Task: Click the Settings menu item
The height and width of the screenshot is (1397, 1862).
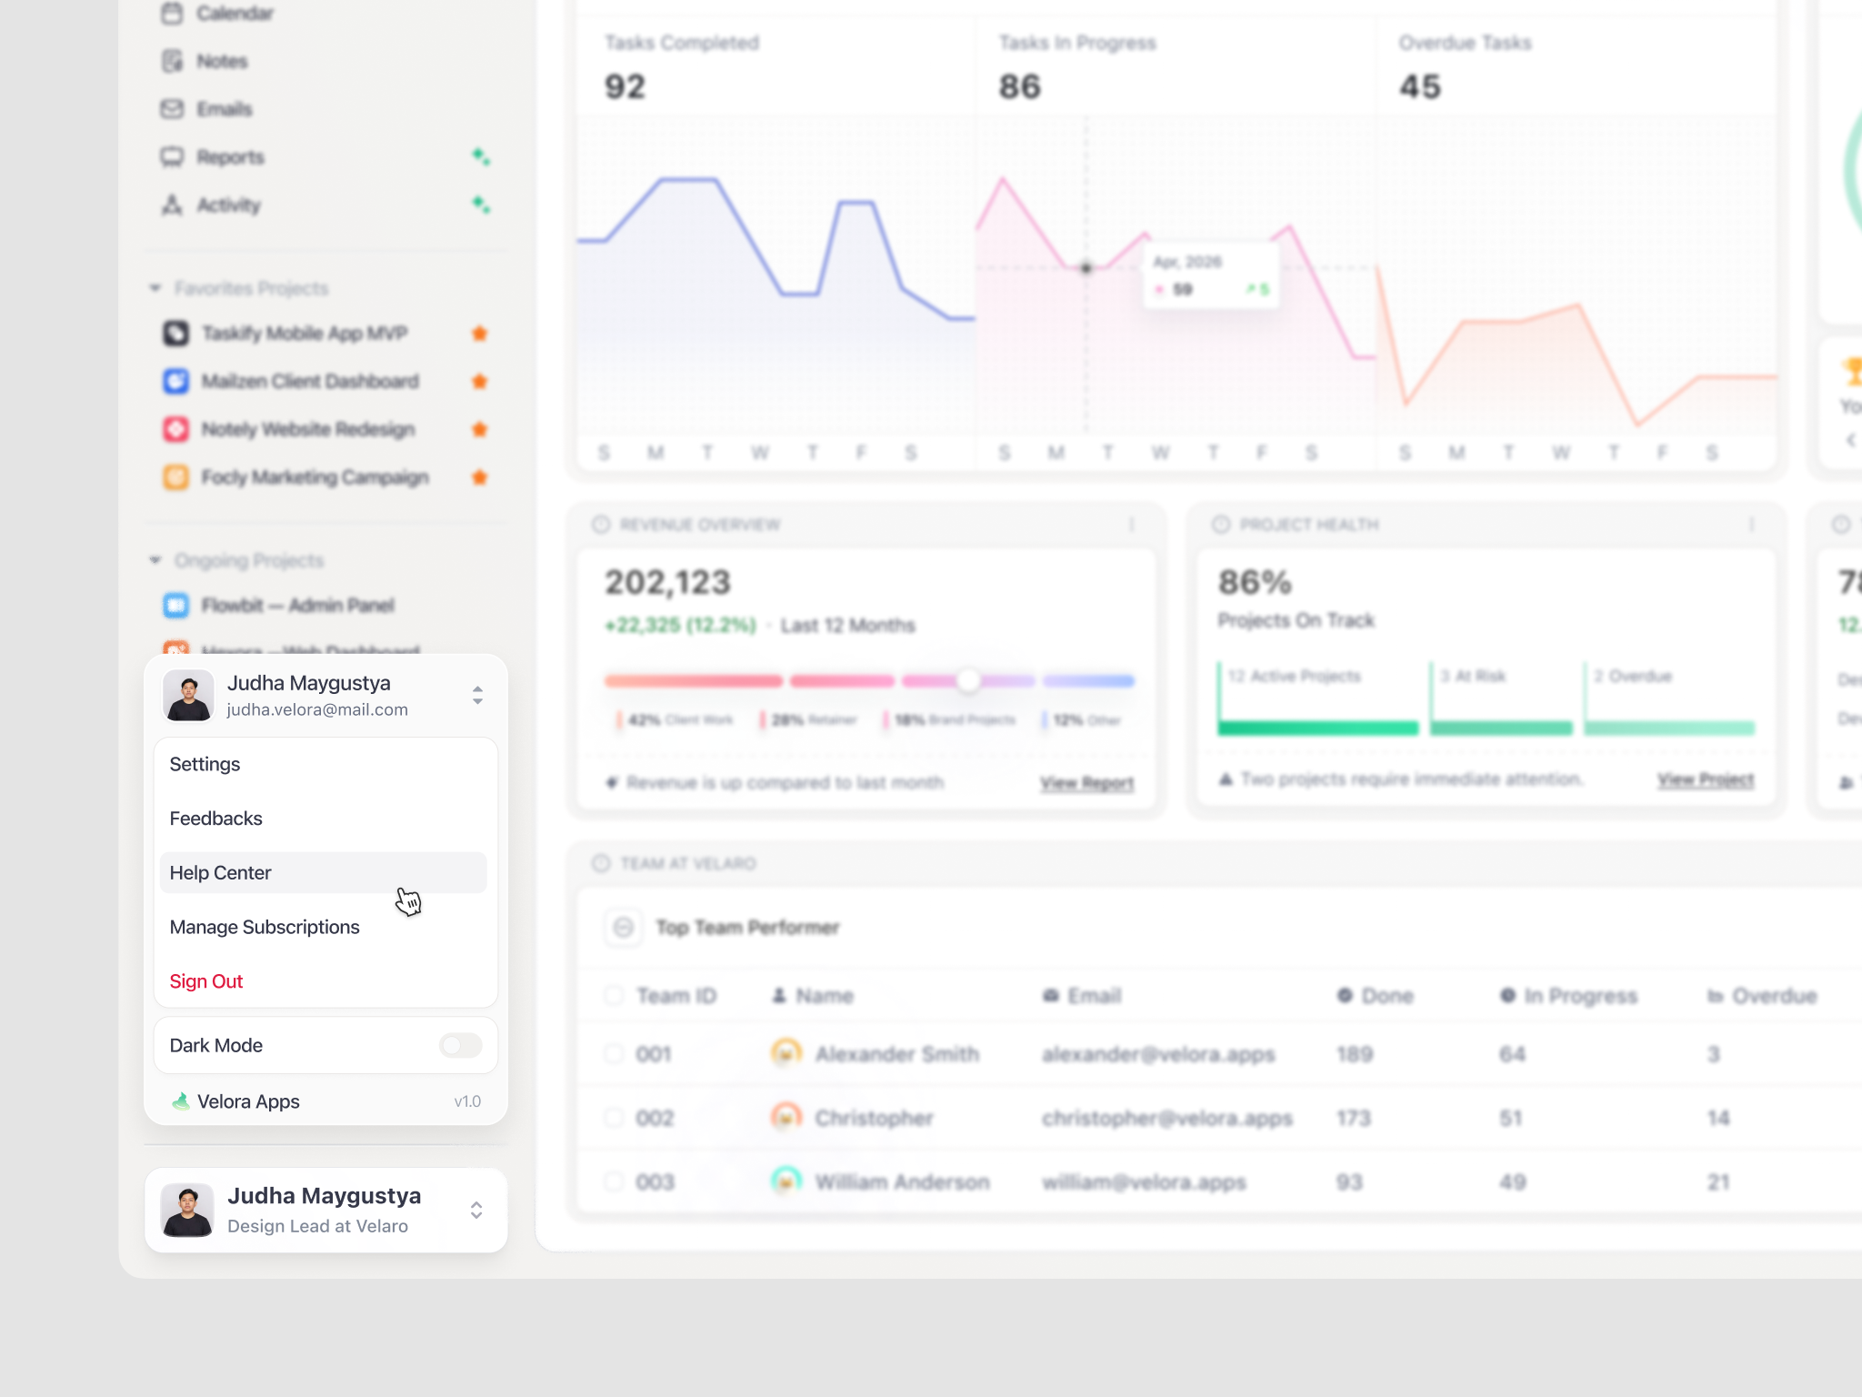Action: coord(205,764)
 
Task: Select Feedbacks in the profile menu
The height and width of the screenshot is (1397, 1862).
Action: coord(215,819)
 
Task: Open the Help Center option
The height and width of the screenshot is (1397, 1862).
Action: coord(221,873)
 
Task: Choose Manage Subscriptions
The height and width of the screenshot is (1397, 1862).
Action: coord(265,927)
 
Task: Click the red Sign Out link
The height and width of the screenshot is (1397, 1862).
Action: coord(206,981)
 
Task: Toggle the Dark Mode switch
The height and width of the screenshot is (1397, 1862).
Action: coord(460,1045)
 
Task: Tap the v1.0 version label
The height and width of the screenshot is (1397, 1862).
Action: coord(467,1101)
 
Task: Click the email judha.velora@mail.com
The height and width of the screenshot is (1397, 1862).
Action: coord(317,709)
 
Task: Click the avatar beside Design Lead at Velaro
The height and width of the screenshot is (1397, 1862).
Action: coord(187,1211)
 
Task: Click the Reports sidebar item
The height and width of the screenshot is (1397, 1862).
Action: coord(230,157)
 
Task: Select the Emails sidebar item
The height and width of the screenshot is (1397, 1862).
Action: coord(224,109)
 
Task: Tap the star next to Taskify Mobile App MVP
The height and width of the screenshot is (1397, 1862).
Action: coord(480,333)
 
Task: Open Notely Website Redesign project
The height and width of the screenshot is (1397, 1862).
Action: coord(307,429)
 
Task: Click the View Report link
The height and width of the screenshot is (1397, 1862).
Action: coord(1086,783)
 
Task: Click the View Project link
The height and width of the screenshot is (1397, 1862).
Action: coord(1705,779)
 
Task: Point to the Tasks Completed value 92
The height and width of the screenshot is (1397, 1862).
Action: coord(626,87)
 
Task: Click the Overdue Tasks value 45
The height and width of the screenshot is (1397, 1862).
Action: coord(1419,87)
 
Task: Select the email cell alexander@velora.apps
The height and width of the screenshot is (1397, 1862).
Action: coord(1158,1054)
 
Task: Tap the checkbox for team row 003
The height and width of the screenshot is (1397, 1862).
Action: coord(615,1181)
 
